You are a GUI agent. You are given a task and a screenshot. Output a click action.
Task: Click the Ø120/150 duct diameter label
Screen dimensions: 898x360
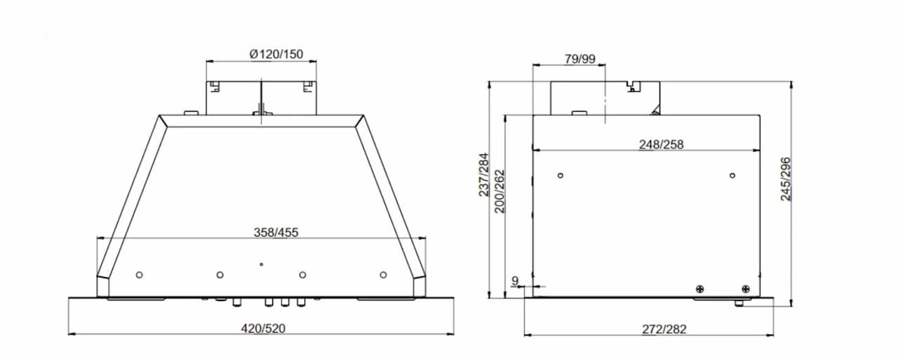276,54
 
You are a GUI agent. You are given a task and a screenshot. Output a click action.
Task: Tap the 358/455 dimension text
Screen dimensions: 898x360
276,232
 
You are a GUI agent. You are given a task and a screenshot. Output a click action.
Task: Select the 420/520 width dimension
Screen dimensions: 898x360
263,328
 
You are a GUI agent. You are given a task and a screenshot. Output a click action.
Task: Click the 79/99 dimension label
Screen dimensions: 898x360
579,59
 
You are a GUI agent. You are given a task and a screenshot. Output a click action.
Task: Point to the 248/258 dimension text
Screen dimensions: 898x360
661,145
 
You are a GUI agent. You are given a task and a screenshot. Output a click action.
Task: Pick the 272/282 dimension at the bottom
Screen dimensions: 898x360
664,329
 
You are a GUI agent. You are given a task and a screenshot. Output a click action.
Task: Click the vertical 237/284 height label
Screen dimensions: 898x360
484,175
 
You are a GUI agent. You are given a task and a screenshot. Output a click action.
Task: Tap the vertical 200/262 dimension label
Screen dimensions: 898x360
499,191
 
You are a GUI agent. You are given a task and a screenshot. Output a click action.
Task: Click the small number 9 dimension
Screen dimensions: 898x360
515,281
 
